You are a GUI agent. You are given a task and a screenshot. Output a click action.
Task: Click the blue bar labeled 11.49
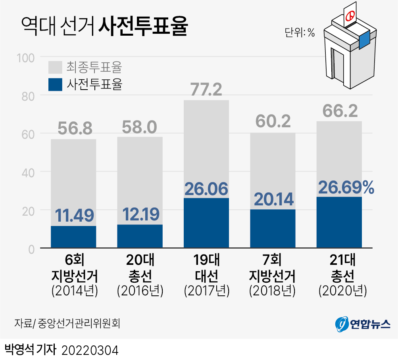pos(73,237)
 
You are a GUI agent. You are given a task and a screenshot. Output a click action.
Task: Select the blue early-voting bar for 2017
pos(206,223)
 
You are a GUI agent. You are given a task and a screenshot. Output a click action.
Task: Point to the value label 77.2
pos(206,90)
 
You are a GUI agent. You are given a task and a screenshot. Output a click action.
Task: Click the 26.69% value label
pos(346,188)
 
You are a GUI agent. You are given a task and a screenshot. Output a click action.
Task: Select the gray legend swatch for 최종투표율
pos(55,67)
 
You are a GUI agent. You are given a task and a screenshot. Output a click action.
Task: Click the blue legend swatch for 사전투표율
pos(55,84)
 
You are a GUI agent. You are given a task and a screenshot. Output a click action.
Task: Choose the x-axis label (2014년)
pos(74,291)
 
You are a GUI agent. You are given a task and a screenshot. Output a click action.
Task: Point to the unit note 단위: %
pos(300,33)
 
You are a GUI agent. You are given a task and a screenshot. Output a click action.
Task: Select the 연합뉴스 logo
pos(363,324)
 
